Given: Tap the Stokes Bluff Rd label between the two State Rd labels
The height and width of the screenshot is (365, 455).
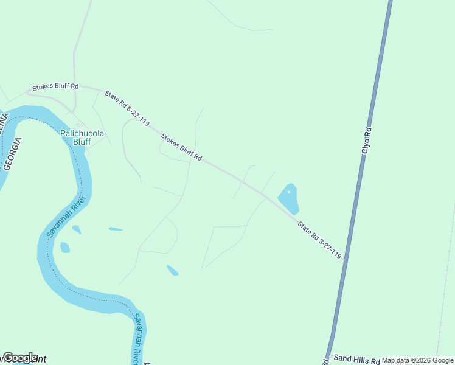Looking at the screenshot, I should click(181, 147).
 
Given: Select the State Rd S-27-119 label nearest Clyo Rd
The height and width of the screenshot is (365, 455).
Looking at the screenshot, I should click(319, 240).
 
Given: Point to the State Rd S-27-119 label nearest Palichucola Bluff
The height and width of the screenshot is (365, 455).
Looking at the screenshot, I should click(127, 108).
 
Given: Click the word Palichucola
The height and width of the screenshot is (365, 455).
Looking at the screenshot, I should click(82, 133).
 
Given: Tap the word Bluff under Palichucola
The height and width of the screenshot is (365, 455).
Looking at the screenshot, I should click(82, 142).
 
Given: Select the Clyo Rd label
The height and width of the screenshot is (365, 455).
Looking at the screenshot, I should click(366, 139).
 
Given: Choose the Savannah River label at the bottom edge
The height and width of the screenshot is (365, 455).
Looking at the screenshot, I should click(139, 339).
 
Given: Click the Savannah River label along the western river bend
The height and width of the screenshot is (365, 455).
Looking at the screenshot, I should click(67, 217).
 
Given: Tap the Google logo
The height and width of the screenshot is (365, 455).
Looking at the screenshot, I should click(19, 358).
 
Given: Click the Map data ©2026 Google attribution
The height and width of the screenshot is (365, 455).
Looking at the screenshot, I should click(417, 361).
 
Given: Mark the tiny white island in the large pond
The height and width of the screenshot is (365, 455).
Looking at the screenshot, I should click(289, 192).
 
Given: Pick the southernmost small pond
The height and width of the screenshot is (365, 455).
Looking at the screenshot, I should click(173, 270).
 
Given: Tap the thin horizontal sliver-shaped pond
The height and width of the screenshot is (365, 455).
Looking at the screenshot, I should click(116, 229).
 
